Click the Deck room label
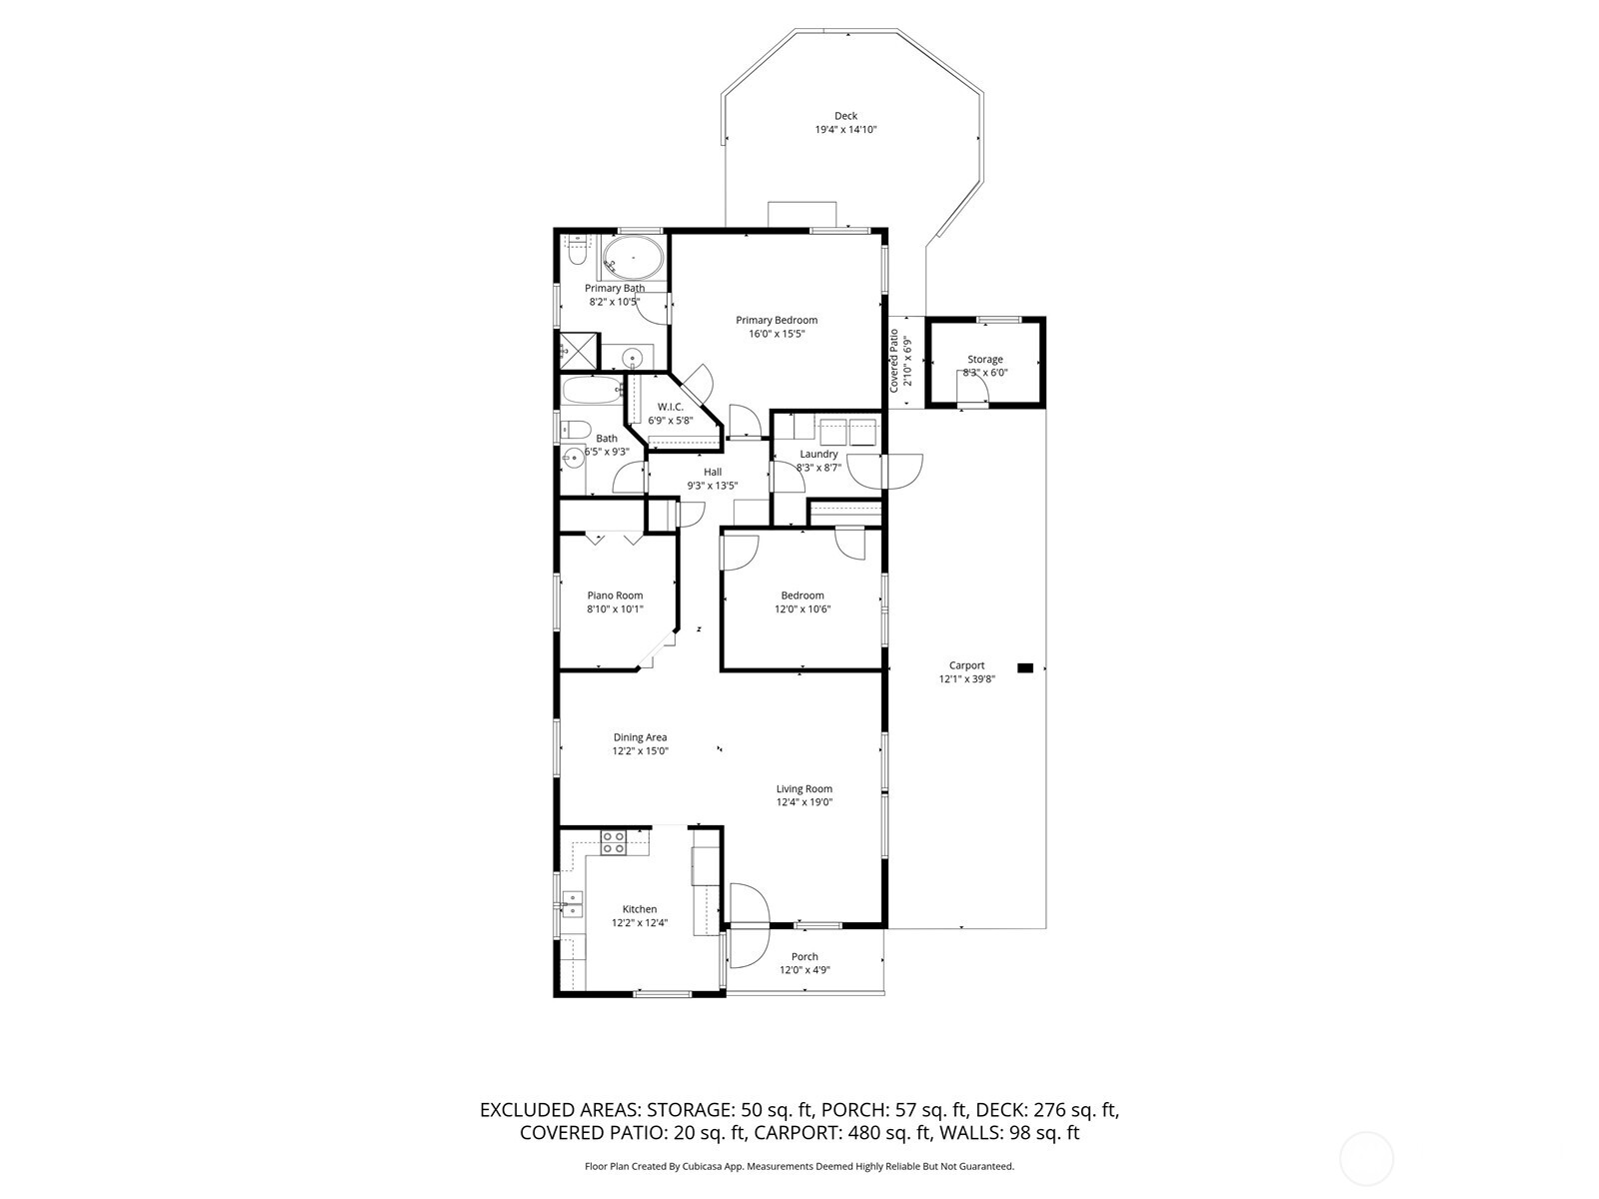coord(845,116)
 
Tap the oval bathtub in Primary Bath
coord(634,258)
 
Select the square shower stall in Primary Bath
coord(577,350)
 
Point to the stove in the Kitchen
coord(613,842)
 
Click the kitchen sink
coord(573,903)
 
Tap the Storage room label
coord(984,360)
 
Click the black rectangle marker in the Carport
coord(1024,667)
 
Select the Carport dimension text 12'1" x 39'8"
coord(966,678)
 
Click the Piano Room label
coord(615,596)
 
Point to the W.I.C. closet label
coord(670,407)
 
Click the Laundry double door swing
coord(885,471)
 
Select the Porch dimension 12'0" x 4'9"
coord(804,970)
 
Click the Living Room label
coord(803,789)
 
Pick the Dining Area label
coord(640,737)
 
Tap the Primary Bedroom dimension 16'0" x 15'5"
coord(777,334)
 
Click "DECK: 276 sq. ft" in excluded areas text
coord(1048,1110)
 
